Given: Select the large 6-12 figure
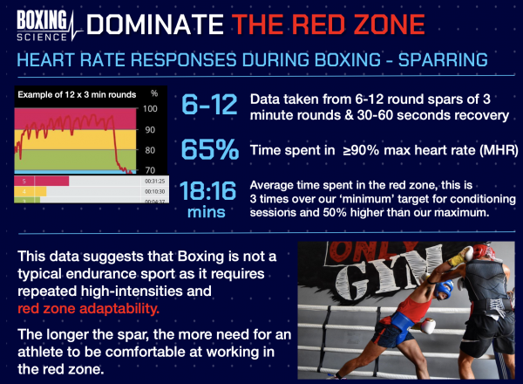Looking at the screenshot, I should point(207,106).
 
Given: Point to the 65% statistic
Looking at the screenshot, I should point(207,149).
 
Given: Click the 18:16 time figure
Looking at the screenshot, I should point(207,191).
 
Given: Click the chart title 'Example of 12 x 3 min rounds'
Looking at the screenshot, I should point(66,93).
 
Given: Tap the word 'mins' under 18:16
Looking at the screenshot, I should point(207,210).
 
